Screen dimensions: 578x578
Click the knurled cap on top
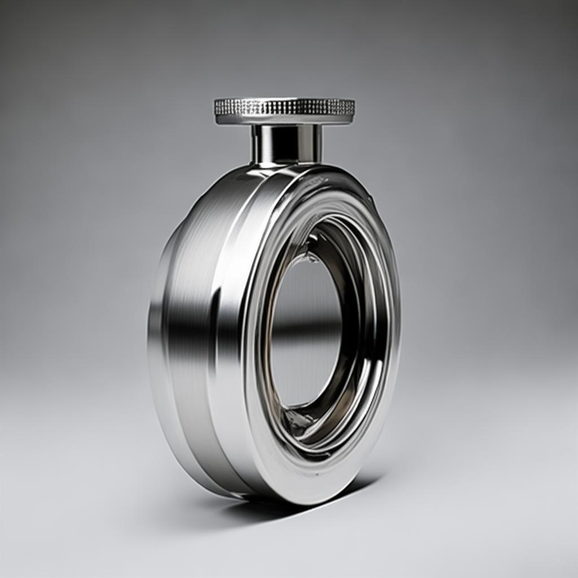[x=284, y=107]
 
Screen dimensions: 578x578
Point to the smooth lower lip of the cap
[x=284, y=120]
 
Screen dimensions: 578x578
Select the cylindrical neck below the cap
[x=286, y=143]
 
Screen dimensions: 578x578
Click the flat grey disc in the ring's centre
[x=305, y=299]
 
